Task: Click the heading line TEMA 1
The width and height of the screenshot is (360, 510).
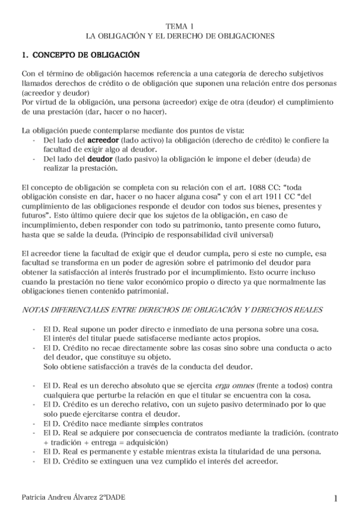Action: pos(180,26)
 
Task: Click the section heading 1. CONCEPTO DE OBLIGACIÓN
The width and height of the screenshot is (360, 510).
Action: pos(80,55)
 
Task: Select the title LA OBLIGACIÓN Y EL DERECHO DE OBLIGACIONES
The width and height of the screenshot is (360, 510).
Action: pos(180,36)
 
